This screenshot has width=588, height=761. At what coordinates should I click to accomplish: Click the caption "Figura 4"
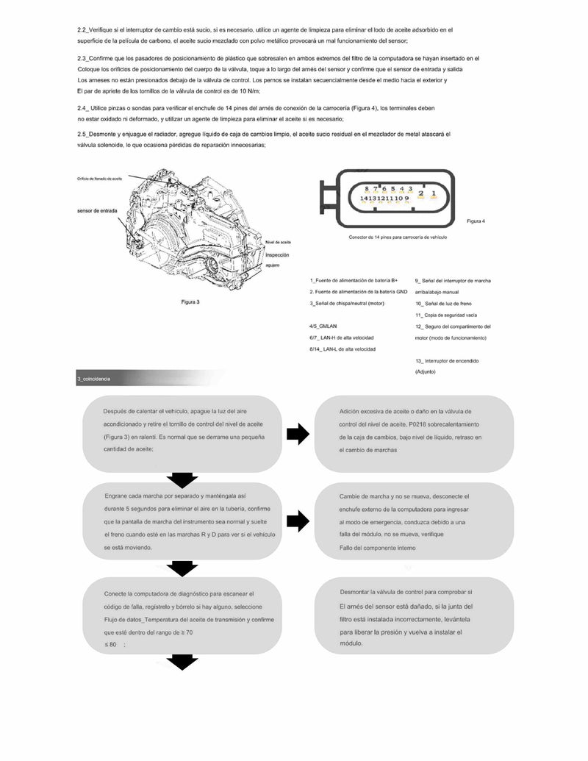tap(476, 220)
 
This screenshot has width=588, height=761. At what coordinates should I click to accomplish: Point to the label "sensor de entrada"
tap(96, 210)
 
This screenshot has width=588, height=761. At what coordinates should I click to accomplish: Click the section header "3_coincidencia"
tap(93, 379)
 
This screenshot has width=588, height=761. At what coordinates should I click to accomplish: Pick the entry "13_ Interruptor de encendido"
tap(447, 361)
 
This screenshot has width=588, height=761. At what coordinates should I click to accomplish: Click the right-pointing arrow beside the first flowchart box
tap(297, 434)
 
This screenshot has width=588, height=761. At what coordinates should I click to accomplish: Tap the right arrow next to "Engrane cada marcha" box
tap(297, 522)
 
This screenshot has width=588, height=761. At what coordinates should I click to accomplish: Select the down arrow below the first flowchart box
tap(182, 479)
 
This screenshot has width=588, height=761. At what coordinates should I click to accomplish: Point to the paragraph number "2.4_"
tap(83, 108)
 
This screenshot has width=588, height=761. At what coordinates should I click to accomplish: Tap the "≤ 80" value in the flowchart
tap(111, 644)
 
